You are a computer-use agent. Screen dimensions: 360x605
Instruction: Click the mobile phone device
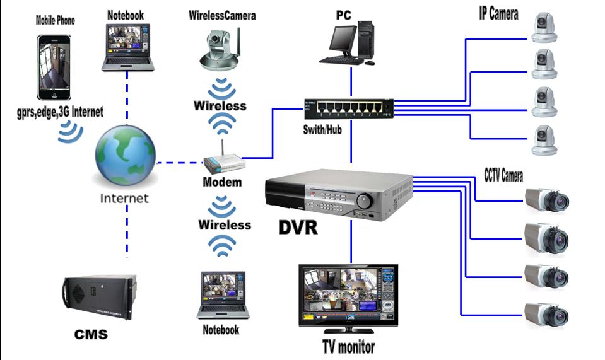54,67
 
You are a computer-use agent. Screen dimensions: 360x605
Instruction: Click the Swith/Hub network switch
348,109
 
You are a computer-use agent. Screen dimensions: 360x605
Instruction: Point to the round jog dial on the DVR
365,201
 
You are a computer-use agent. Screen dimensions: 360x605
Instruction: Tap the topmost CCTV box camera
547,200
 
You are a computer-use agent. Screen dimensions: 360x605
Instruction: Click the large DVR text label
298,227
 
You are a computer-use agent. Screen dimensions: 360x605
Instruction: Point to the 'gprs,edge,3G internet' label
60,112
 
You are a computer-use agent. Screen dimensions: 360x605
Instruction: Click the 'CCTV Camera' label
503,175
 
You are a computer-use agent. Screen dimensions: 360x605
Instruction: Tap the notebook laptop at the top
128,47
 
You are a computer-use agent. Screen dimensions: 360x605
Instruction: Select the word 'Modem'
222,182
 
